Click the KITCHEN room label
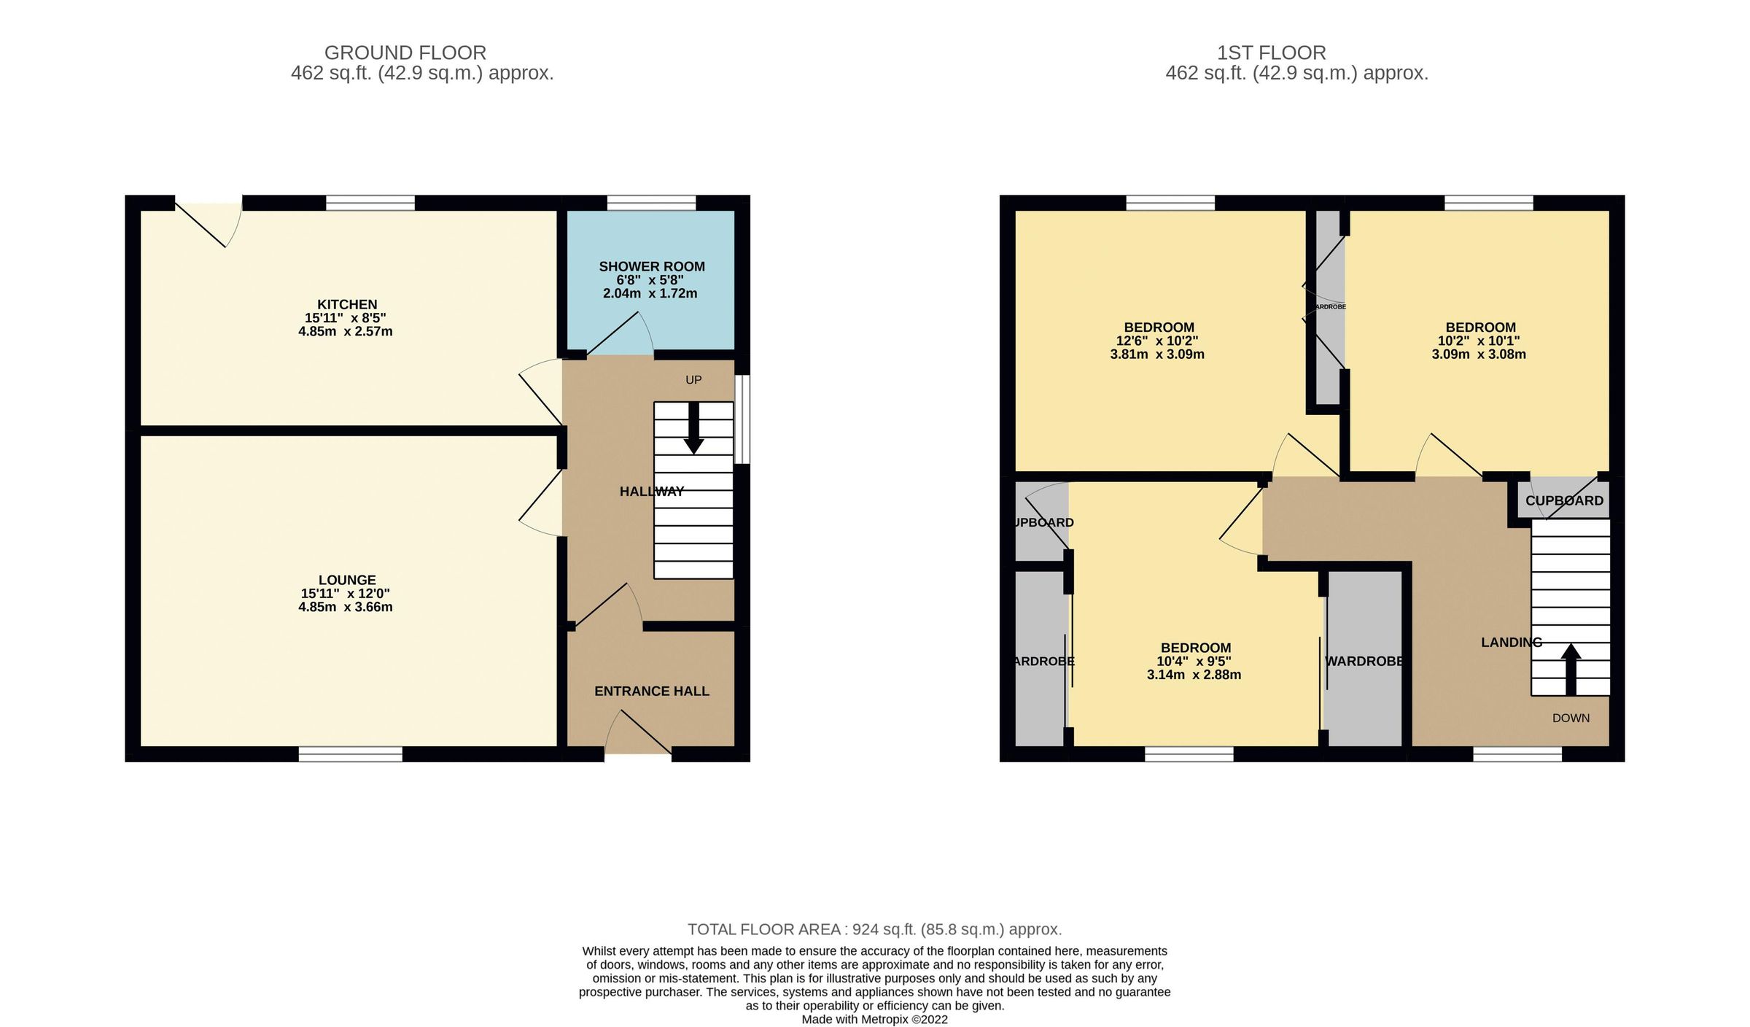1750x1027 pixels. [346, 304]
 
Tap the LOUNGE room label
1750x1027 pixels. [346, 580]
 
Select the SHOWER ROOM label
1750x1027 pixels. [651, 267]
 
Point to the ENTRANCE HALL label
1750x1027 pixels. [651, 691]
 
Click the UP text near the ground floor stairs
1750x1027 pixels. [693, 379]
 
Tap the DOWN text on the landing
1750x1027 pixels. [1571, 718]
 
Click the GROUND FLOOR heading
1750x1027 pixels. [405, 53]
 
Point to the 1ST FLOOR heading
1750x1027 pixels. [1271, 53]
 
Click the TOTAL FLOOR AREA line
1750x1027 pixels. [874, 929]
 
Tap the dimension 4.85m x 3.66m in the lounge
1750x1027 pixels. [345, 607]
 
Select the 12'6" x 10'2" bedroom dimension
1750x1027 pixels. [1157, 341]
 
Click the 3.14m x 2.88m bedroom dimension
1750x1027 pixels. [1194, 675]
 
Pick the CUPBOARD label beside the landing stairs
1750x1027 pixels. [1564, 500]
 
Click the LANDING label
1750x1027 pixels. [1511, 642]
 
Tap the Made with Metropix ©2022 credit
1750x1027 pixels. [874, 1019]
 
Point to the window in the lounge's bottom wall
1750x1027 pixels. [350, 754]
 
